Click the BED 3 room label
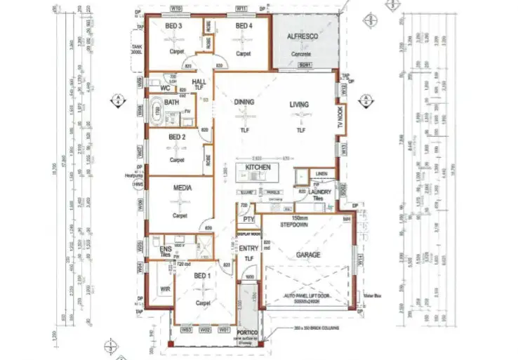(x=173, y=26)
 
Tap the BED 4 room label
(x=244, y=26)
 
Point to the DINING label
(x=244, y=102)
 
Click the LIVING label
(x=300, y=105)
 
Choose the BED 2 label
(x=176, y=138)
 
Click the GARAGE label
(x=308, y=255)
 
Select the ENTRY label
(x=248, y=248)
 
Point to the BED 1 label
(x=201, y=276)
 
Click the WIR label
(x=166, y=288)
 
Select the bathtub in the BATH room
(x=159, y=111)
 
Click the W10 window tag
(x=176, y=8)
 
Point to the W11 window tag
(x=241, y=8)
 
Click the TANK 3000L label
(x=135, y=49)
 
